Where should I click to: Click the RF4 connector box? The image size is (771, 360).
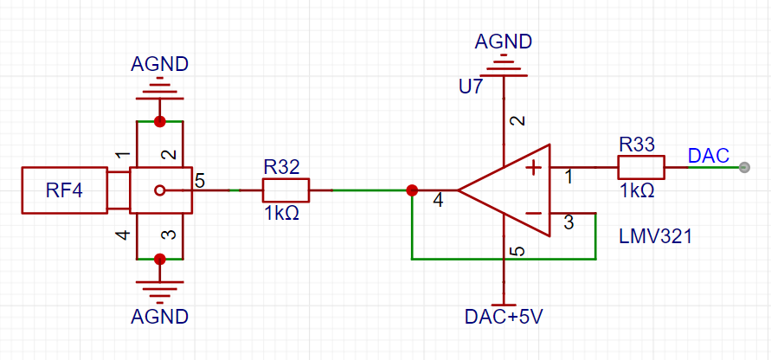point(64,190)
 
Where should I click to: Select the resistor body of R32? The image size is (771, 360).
point(286,190)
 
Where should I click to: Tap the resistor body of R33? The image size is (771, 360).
point(641,167)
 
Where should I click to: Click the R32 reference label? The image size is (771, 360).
point(280,168)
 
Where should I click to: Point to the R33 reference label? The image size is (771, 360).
point(637,145)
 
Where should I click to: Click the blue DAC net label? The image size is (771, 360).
point(708,156)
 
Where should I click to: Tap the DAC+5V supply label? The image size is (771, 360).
point(504,317)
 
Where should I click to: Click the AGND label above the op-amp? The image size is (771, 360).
point(504,42)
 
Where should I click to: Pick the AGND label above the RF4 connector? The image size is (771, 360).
point(159,64)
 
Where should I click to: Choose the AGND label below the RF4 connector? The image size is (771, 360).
point(159,316)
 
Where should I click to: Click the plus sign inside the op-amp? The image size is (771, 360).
point(534,168)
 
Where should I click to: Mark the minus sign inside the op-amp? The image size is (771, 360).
point(534,214)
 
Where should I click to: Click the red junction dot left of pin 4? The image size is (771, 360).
point(412,190)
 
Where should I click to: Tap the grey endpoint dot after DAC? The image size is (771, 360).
point(744,167)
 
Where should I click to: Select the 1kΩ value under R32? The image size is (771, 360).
point(282,214)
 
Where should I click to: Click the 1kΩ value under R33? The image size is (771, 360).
point(637,190)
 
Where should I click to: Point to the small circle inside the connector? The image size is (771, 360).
point(159,190)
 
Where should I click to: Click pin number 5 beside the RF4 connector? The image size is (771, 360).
point(200,180)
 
